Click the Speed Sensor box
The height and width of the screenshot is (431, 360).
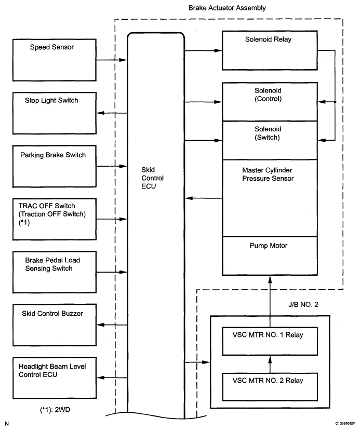[55, 60]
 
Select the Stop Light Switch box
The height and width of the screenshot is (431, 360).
[55, 113]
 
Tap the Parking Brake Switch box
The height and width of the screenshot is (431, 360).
[55, 166]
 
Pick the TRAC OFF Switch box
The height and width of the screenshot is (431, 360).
[55, 219]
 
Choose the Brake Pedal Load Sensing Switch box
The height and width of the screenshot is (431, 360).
[55, 272]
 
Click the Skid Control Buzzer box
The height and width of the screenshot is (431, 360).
[55, 325]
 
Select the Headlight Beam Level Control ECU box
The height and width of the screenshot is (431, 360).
[55, 378]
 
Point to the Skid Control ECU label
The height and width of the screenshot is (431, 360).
[152, 178]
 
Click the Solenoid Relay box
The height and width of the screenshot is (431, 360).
[270, 50]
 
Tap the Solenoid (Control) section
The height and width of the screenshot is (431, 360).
[270, 102]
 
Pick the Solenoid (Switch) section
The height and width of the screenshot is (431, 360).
[270, 140]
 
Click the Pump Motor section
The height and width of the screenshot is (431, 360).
[270, 256]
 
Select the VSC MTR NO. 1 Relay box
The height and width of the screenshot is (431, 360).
[270, 341]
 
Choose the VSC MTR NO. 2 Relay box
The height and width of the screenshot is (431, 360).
[270, 387]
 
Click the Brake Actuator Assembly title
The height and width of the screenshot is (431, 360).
[227, 8]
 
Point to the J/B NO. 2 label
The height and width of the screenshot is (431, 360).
[303, 305]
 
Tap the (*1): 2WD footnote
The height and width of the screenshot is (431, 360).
[55, 410]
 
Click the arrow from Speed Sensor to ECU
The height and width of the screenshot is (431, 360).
[112, 60]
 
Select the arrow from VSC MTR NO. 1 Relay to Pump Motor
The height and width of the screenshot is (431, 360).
[270, 302]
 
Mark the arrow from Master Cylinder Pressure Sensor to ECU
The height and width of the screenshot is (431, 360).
[204, 198]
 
